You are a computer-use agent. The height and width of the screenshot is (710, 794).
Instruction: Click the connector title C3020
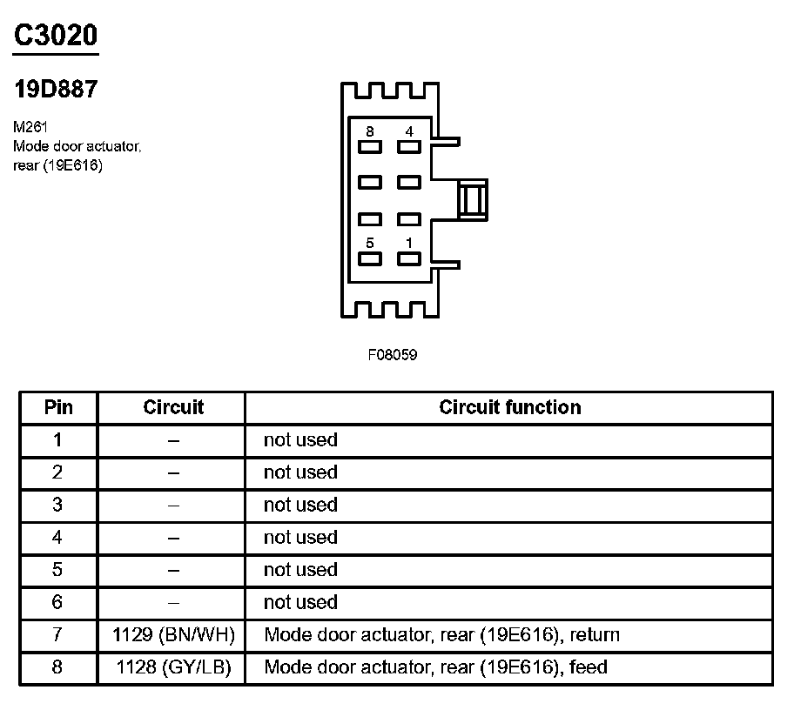pos(55,35)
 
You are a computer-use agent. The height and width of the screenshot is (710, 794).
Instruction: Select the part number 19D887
pos(55,89)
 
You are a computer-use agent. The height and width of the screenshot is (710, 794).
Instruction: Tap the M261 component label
pos(31,127)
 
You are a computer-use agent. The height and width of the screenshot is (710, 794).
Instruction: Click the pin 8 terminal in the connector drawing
pos(370,147)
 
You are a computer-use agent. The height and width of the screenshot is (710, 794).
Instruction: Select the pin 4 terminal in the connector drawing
pos(408,147)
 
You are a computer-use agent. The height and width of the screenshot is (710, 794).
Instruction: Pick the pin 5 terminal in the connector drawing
pos(370,258)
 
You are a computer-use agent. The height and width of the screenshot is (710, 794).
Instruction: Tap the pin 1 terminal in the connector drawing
pos(408,258)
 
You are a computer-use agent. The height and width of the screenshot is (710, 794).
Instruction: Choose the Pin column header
pos(58,407)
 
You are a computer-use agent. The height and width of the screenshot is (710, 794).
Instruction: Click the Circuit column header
pos(173,407)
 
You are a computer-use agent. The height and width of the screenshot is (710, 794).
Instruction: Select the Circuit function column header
pos(509,407)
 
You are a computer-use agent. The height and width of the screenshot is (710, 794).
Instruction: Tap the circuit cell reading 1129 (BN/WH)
pos(173,635)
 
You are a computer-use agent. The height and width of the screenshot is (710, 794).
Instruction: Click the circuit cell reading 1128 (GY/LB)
pos(173,668)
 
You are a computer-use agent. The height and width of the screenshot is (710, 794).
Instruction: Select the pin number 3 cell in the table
pos(58,506)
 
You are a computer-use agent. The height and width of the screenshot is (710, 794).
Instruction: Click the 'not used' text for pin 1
pos(299,440)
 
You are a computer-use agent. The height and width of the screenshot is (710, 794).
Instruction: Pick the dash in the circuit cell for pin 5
pos(173,571)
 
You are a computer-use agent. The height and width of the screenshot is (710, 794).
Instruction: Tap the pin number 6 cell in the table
pos(58,603)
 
